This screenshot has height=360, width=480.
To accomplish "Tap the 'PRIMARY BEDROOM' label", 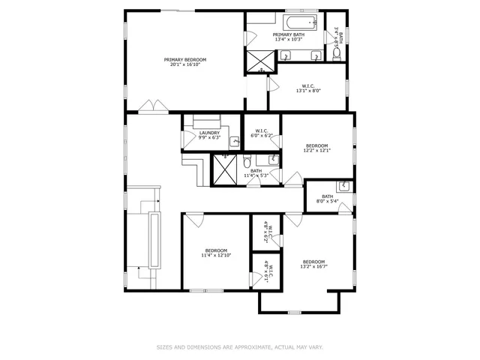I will click(x=185, y=59).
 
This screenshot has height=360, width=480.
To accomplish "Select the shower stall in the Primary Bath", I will click(x=259, y=59).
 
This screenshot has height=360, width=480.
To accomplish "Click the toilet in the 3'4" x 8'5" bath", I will click(x=337, y=54).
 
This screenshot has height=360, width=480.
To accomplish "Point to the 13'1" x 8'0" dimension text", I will click(x=307, y=91).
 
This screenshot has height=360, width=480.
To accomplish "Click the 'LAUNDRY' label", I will click(x=209, y=133).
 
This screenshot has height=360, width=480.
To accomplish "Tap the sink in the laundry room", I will click(x=234, y=141).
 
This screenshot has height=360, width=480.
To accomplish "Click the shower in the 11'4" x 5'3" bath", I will click(x=225, y=169).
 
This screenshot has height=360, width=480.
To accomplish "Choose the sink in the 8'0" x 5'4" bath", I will click(x=343, y=186).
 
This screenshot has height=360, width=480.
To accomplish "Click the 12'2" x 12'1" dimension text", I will click(x=316, y=150).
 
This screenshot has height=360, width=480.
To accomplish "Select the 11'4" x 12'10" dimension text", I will click(x=216, y=255).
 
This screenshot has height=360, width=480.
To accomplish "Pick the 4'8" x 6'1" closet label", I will click(x=265, y=271).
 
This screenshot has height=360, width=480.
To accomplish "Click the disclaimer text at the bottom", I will click(x=239, y=347).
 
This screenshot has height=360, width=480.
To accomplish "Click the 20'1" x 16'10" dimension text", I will click(x=185, y=64).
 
